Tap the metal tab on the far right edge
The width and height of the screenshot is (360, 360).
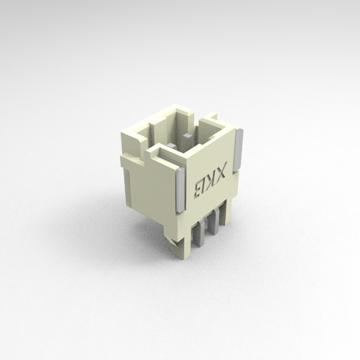pos(240,150)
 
